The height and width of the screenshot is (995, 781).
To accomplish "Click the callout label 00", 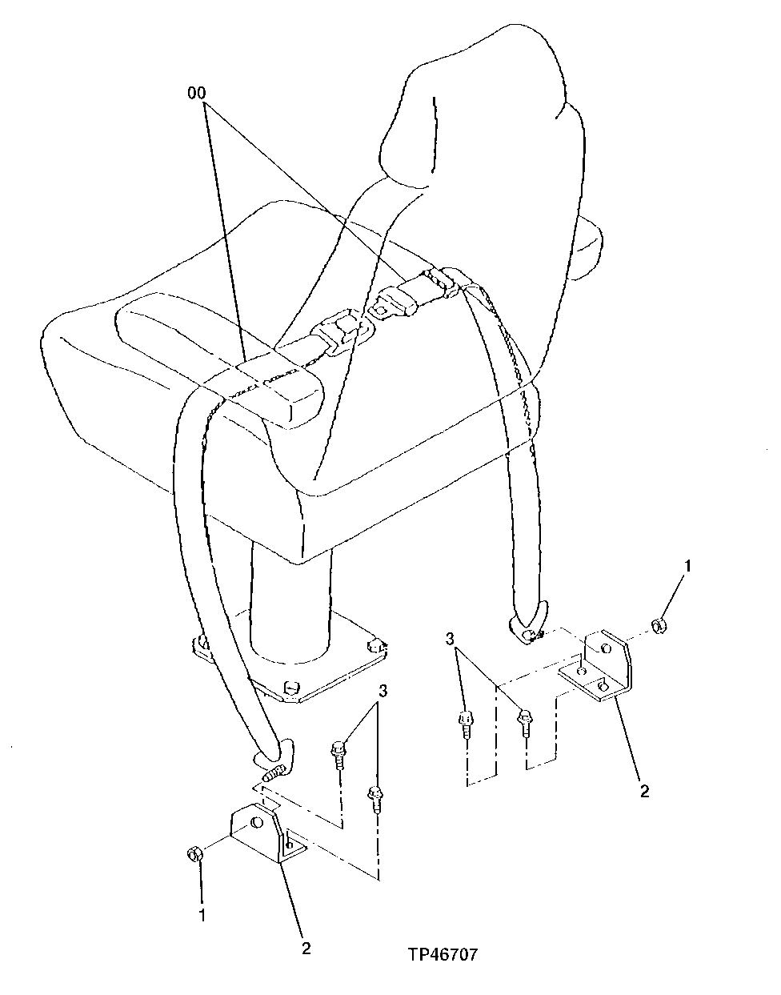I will click(196, 94).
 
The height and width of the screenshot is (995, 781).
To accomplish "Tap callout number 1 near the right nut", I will click(687, 567).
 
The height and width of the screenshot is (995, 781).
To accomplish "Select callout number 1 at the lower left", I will click(202, 913).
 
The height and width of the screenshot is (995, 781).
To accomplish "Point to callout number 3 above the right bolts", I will click(452, 640).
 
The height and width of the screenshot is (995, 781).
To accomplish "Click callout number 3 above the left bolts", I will click(384, 690).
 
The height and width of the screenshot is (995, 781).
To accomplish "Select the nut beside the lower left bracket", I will click(194, 854).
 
